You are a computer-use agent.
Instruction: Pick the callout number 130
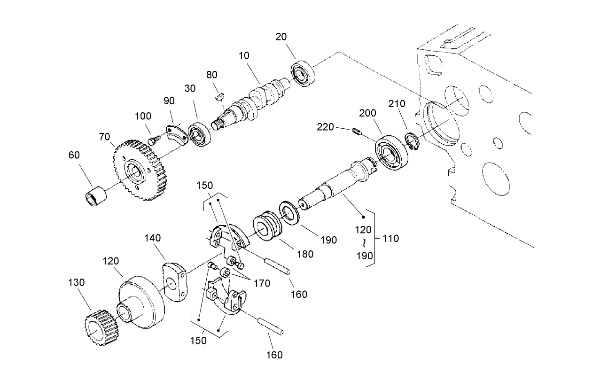pos(76,282)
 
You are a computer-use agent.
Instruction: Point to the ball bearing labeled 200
pos(392,153)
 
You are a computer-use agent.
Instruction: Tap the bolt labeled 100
pos(152,140)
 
